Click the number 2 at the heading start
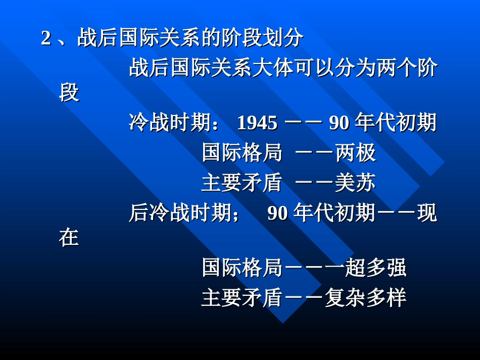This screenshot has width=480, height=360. point(46,38)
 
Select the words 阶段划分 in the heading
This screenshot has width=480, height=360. point(263,38)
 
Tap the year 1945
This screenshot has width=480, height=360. point(257,123)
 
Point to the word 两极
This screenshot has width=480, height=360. point(356,152)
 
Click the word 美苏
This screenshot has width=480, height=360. point(355,183)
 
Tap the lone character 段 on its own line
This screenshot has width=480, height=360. point(69,93)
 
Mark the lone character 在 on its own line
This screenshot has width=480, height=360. point(69,238)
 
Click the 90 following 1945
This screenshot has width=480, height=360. point(339,123)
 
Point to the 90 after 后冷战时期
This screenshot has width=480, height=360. point(277,214)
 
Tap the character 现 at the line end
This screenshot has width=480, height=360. point(427,214)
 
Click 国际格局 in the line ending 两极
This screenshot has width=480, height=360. point(242,152)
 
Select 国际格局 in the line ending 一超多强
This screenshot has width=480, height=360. point(242,268)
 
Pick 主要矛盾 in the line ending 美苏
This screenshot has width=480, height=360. point(242,183)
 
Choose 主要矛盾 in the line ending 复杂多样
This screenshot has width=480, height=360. point(242,298)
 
